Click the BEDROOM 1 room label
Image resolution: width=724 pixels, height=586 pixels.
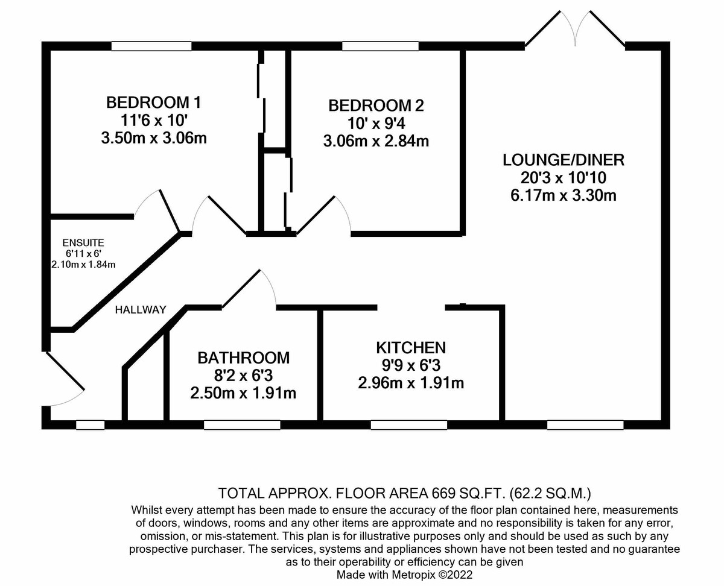[154, 102]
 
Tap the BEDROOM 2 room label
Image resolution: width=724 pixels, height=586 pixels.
[376, 106]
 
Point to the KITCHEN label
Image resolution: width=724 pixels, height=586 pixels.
[411, 347]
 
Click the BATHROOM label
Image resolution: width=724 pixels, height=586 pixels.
[244, 358]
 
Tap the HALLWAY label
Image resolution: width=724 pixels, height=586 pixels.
[141, 310]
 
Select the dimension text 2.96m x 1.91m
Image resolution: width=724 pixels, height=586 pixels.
[411, 383]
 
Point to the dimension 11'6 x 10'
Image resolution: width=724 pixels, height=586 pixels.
[154, 120]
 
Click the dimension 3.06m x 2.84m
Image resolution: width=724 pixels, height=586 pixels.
[376, 142]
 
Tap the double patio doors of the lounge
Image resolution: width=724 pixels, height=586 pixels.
[574, 30]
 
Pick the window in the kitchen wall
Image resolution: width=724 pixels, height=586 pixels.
[408, 425]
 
